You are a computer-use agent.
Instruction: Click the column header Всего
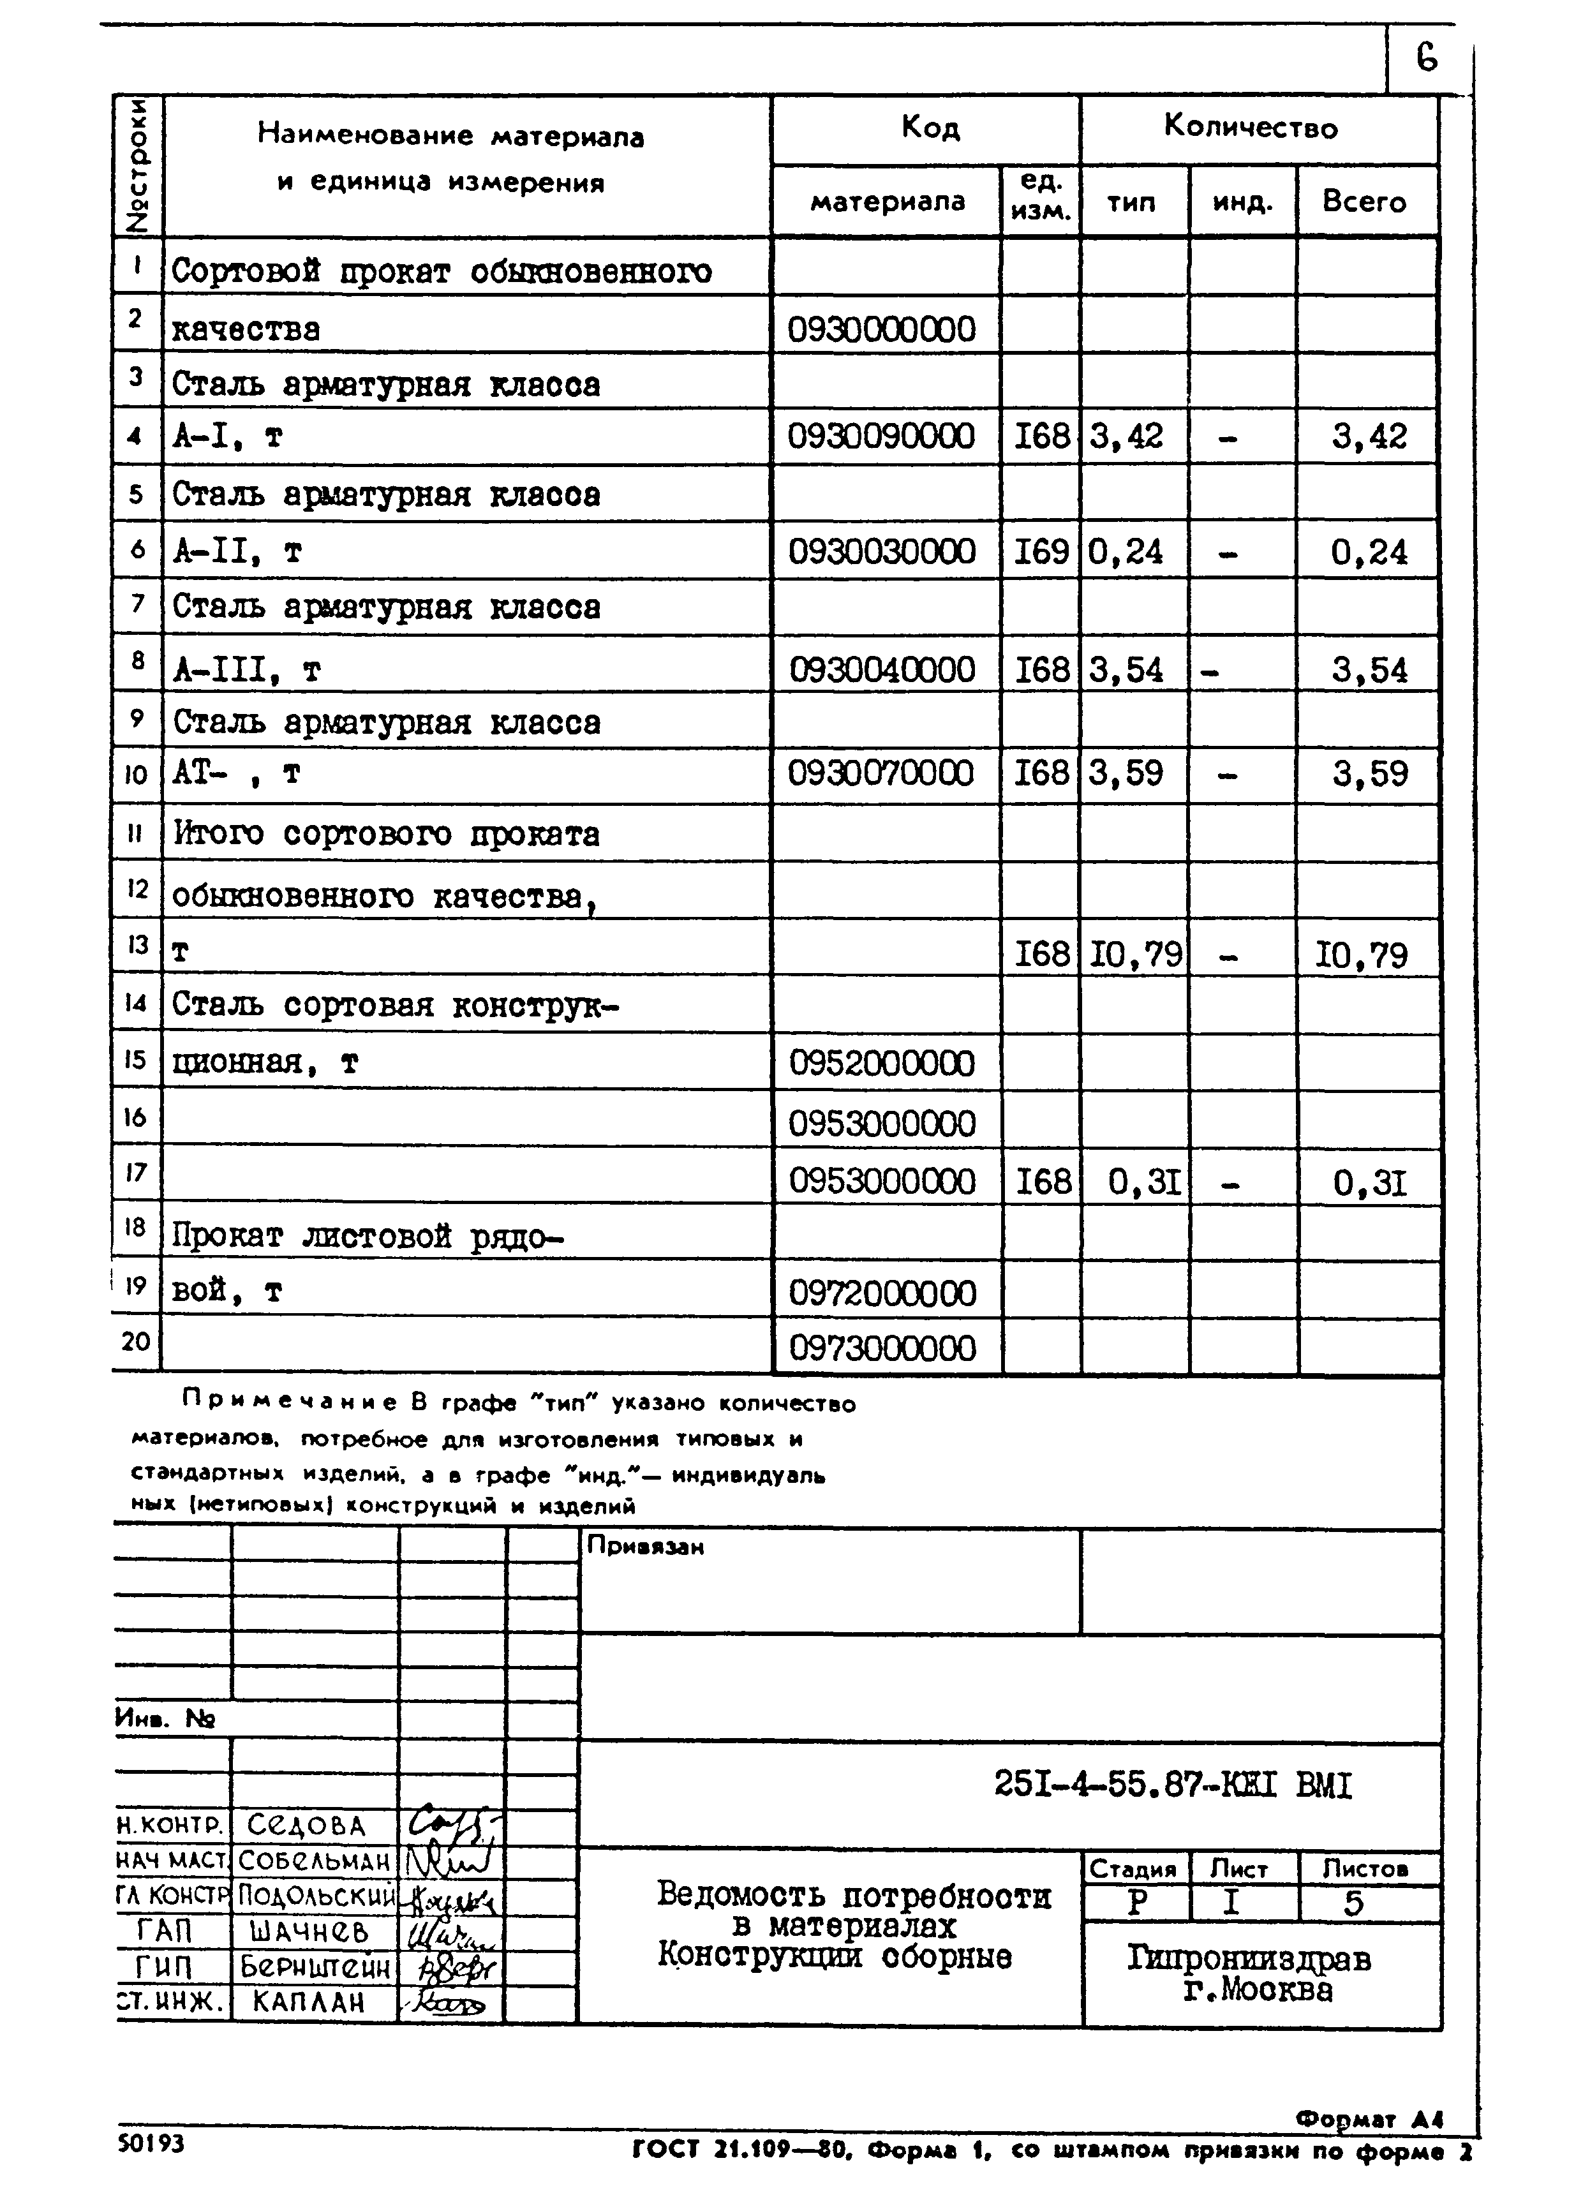(x=1364, y=202)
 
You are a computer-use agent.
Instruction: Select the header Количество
(x=1251, y=127)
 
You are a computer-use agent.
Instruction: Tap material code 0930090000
(x=881, y=436)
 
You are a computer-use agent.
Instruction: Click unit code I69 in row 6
(x=1041, y=553)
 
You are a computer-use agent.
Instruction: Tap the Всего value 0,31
(x=1369, y=1182)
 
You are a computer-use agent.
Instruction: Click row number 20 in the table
(x=136, y=1342)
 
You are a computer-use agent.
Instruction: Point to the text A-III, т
(x=247, y=670)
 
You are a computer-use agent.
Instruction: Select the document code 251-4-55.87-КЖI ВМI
(x=1172, y=1786)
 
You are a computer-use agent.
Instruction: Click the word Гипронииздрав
(x=1249, y=1959)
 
